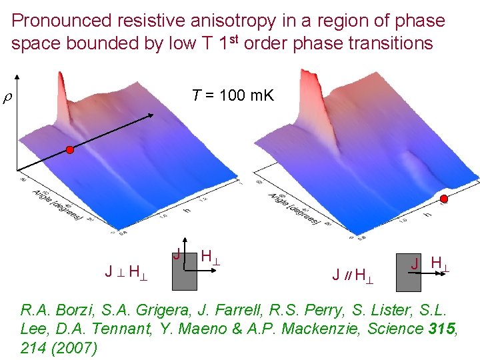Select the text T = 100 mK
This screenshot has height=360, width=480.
(232, 95)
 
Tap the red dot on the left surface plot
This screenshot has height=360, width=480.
(69, 151)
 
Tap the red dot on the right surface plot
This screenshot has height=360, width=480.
(445, 199)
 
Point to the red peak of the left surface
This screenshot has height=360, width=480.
(64, 70)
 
